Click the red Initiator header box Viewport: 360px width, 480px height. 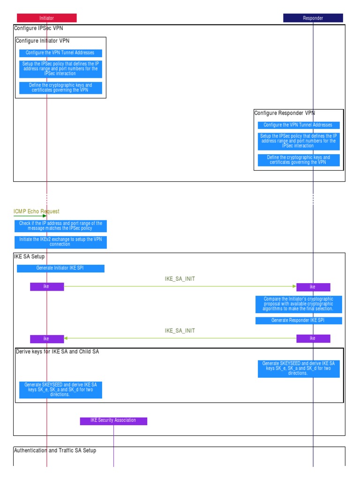point(46,18)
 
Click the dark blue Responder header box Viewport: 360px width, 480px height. point(313,18)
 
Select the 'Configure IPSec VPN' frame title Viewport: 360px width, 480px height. point(38,28)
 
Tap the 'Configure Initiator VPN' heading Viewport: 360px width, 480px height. point(43,41)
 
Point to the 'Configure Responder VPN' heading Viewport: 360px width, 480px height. point(285,113)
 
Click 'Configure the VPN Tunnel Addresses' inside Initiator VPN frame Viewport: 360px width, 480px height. point(60,53)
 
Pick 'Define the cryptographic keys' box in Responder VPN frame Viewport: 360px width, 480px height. point(299,160)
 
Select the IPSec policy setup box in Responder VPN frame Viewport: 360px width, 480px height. point(299,141)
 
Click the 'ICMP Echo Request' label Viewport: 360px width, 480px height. point(37,211)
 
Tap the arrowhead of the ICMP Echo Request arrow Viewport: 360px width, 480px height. point(45,216)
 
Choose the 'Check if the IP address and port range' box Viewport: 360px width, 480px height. point(60,226)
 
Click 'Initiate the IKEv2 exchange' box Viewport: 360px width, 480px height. point(60,242)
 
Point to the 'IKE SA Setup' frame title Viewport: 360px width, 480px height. point(30,256)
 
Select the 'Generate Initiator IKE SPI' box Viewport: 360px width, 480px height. point(60,268)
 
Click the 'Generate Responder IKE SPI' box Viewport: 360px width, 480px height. point(299,320)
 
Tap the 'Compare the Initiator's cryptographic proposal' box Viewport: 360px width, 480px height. point(299,304)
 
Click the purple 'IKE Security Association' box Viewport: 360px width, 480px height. point(113,420)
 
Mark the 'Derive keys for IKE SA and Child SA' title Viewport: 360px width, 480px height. point(57,352)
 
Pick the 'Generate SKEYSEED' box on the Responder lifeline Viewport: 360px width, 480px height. point(299,368)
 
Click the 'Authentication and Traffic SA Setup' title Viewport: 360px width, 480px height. point(55,450)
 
